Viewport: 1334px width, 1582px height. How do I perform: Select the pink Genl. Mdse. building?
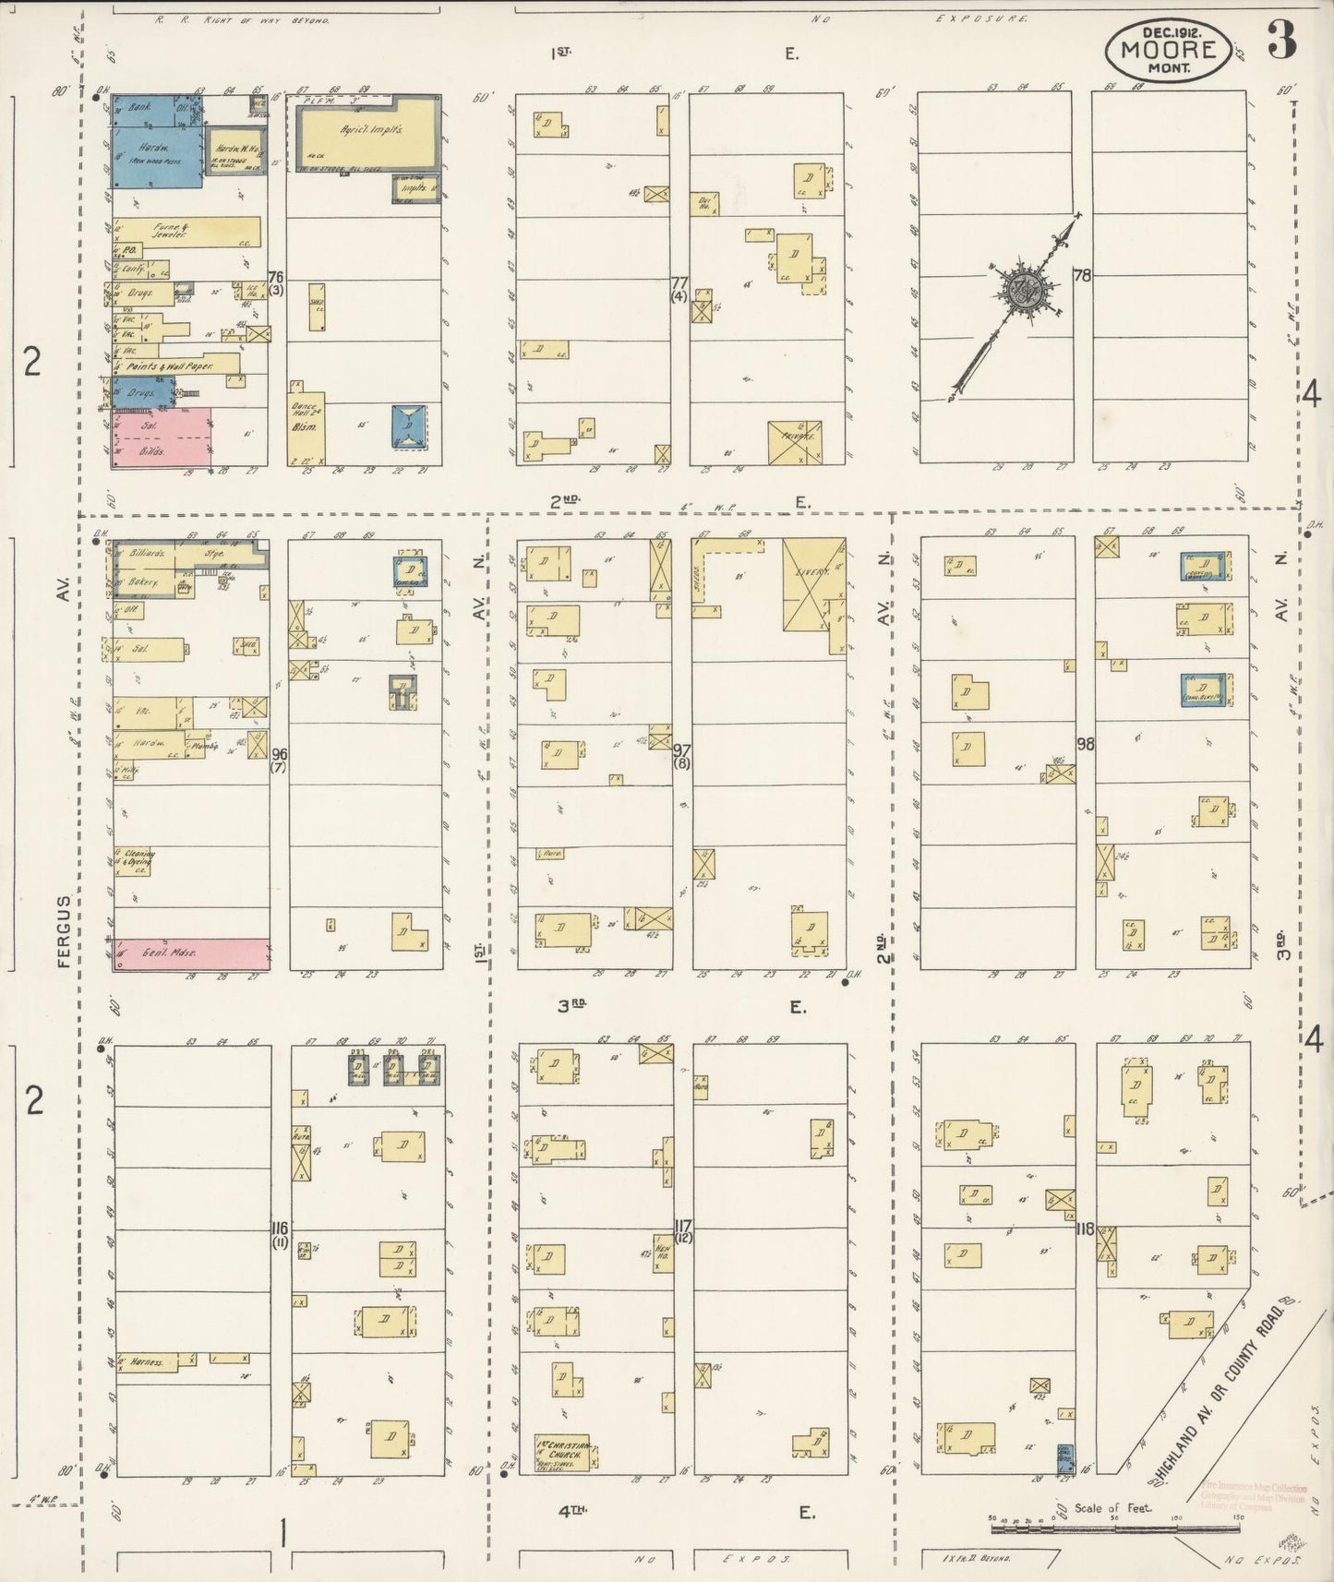click(x=192, y=953)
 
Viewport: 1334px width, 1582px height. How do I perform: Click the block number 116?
click(x=281, y=1228)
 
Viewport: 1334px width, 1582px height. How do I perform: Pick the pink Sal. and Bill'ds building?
click(x=162, y=437)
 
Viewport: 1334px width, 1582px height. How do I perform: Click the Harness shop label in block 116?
click(x=147, y=1360)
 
